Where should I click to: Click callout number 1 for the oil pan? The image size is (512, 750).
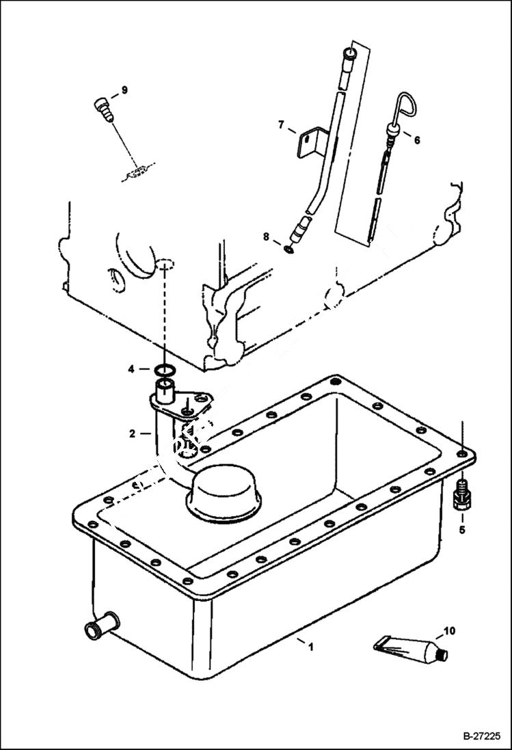click(x=311, y=646)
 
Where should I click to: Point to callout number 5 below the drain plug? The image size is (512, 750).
click(x=461, y=528)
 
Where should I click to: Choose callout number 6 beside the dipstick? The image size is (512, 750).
click(x=417, y=140)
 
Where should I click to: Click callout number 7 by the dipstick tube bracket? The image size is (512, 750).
click(x=281, y=124)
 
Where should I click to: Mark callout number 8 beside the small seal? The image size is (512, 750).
click(x=266, y=237)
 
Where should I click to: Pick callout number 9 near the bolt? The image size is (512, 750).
click(x=124, y=90)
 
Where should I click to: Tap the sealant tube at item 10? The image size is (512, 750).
click(x=410, y=647)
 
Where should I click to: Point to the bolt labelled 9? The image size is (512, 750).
click(x=103, y=109)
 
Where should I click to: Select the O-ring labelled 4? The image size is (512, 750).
click(x=163, y=371)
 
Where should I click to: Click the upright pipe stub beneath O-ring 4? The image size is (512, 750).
click(x=164, y=392)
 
